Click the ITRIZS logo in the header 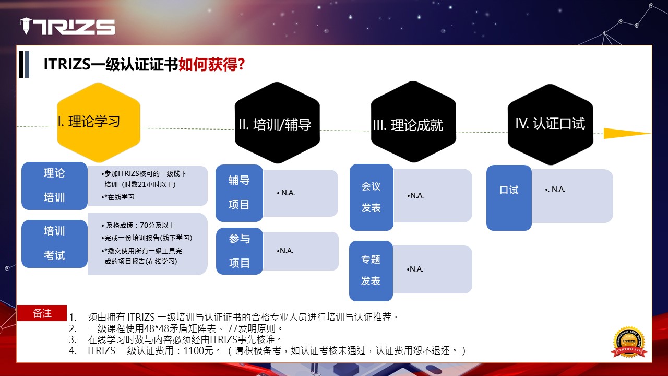67,26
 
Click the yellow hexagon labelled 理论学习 99,122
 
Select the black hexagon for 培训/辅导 277,123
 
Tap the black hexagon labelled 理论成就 413,122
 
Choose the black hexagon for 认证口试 551,124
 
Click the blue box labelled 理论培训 55,185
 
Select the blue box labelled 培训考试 55,244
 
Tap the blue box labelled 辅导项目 239,193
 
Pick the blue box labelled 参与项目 240,251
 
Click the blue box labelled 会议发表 372,197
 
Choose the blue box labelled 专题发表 371,271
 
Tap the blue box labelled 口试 509,198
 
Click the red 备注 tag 42,313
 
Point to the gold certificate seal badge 629,342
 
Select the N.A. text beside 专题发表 415,269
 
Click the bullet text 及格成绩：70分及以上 138,225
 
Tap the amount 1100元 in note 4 198,350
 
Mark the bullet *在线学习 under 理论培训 118,197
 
